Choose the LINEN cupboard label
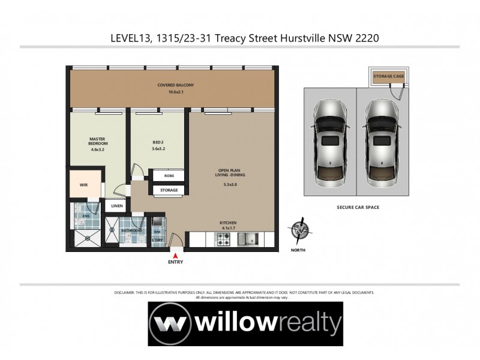tap(116, 206)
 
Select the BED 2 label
tap(158, 142)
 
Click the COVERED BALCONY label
tap(176, 85)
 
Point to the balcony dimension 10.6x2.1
tap(176, 92)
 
